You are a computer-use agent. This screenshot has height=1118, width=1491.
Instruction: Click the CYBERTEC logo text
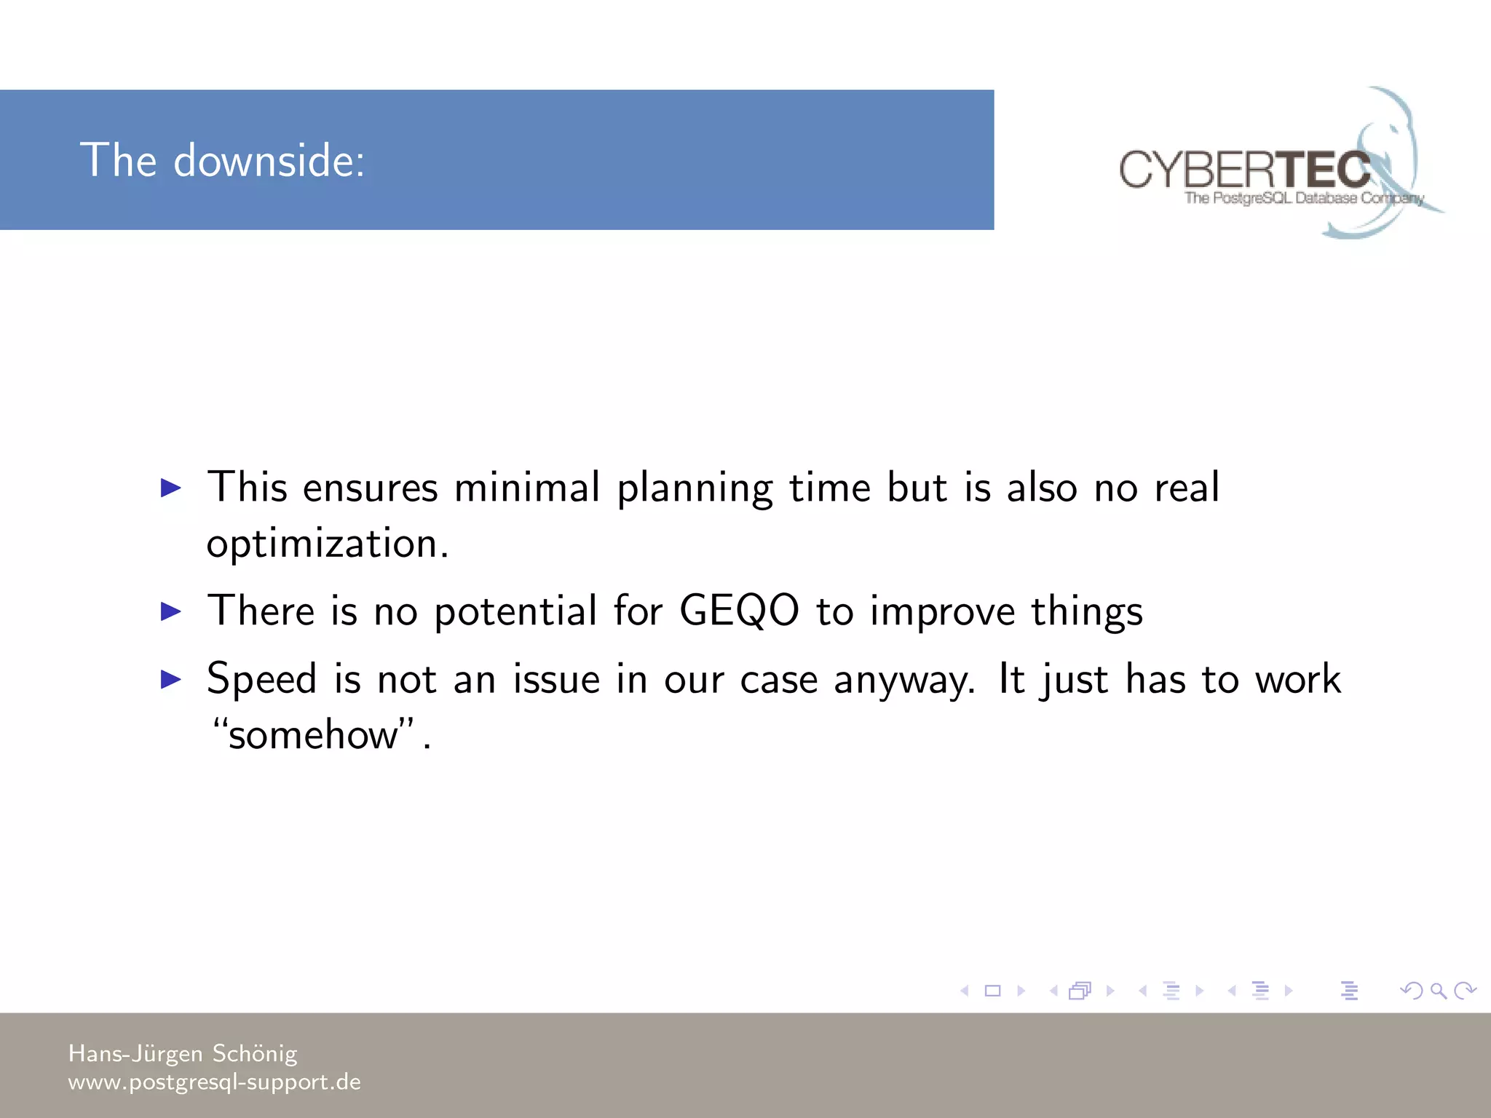coord(1245,170)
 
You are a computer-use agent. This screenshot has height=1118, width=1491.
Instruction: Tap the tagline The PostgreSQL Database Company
coord(1303,198)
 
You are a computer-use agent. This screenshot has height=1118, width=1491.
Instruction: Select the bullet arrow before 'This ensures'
coord(170,488)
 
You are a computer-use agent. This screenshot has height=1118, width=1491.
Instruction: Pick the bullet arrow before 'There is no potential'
coord(170,611)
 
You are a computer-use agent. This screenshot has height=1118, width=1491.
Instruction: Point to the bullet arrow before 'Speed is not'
coord(170,679)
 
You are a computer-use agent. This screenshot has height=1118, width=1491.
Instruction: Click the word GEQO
coord(739,610)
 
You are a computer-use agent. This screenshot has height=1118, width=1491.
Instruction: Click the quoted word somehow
coord(313,734)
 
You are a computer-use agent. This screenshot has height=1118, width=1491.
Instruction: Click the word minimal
coord(527,488)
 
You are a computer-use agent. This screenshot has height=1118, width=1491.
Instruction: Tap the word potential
coord(515,611)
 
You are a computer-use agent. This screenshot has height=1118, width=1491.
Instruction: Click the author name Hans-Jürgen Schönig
coord(183,1053)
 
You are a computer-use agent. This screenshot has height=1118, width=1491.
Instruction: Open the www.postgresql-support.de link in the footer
coord(214,1082)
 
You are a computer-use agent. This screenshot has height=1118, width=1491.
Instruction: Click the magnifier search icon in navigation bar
coord(1438,991)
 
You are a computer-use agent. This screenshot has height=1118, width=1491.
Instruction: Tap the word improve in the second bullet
coord(942,611)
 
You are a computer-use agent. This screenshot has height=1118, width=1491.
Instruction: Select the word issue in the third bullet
coord(557,680)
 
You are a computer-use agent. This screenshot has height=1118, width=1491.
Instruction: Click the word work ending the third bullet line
coord(1298,680)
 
